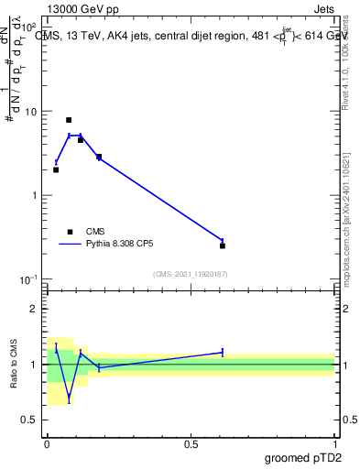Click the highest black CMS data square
pos(69,120)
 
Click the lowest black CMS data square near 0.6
pos(223,245)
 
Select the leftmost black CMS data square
pos(56,169)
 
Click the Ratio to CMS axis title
pos(15,365)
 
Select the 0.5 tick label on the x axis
pos(191,443)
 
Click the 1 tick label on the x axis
pos(334,443)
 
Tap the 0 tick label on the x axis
pos(47,443)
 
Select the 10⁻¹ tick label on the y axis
pos(28,279)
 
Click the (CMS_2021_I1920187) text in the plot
pos(191,273)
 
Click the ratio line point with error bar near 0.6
pos(223,352)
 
